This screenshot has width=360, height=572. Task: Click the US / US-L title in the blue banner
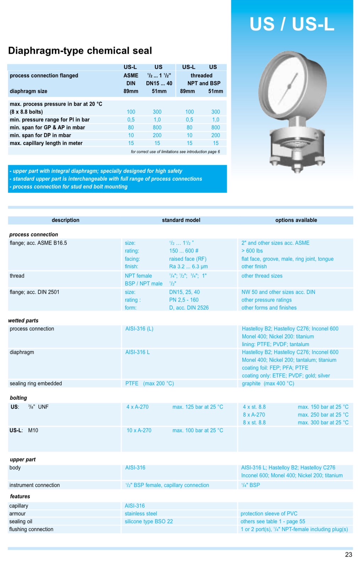[x=292, y=24]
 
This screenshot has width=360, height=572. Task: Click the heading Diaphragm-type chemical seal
[x=80, y=51]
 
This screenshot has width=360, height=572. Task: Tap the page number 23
[x=348, y=555]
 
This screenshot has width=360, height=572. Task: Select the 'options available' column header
[x=296, y=220]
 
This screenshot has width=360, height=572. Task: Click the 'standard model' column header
[x=181, y=220]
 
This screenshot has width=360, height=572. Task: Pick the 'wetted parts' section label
[x=23, y=321]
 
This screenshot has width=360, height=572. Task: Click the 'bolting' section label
[x=18, y=398]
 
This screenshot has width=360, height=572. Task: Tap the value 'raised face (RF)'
[x=188, y=259]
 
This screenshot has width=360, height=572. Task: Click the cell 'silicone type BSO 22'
[x=149, y=521]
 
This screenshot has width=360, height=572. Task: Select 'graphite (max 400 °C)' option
[x=268, y=383]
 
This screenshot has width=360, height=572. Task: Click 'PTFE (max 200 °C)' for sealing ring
[x=149, y=383]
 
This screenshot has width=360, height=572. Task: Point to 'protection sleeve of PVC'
[x=269, y=513]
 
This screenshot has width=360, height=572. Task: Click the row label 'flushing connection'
[x=31, y=529]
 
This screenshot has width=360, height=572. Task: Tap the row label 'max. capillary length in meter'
[x=46, y=143]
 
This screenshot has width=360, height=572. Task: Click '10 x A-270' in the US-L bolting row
[x=139, y=430]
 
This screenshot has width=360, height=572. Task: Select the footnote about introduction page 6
[x=175, y=152]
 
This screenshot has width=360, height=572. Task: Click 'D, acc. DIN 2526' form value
[x=189, y=308]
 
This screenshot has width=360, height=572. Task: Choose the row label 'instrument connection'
[x=34, y=485]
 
